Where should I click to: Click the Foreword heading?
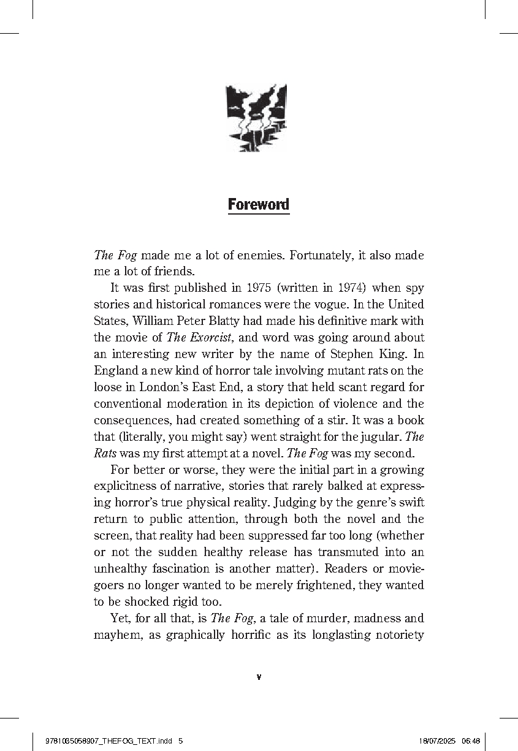pos(258,204)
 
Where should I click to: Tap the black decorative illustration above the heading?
pos(256,117)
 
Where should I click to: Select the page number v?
pos(259,677)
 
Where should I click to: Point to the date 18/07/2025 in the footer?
pos(438,741)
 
